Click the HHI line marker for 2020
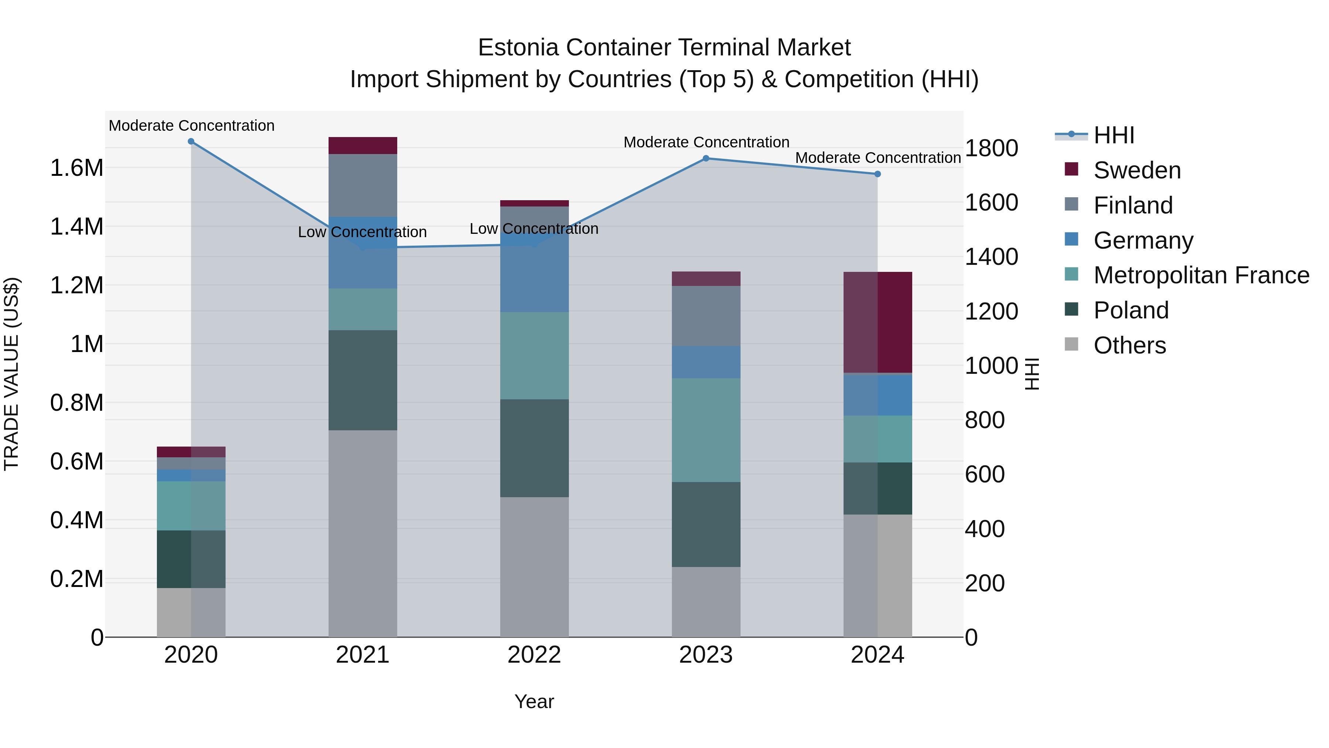[191, 141]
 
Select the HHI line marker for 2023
[706, 158]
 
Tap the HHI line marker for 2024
[878, 174]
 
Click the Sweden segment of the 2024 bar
[878, 322]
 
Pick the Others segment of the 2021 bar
[363, 533]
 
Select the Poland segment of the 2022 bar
[535, 448]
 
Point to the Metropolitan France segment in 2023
[706, 430]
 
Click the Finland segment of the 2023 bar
[706, 316]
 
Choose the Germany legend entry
[1143, 240]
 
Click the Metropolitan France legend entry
[1201, 275]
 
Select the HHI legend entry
[1113, 135]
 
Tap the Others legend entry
[1129, 345]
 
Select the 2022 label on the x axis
[535, 655]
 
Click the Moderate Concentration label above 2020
[191, 126]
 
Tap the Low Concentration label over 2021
[362, 232]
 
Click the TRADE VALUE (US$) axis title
[12, 374]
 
